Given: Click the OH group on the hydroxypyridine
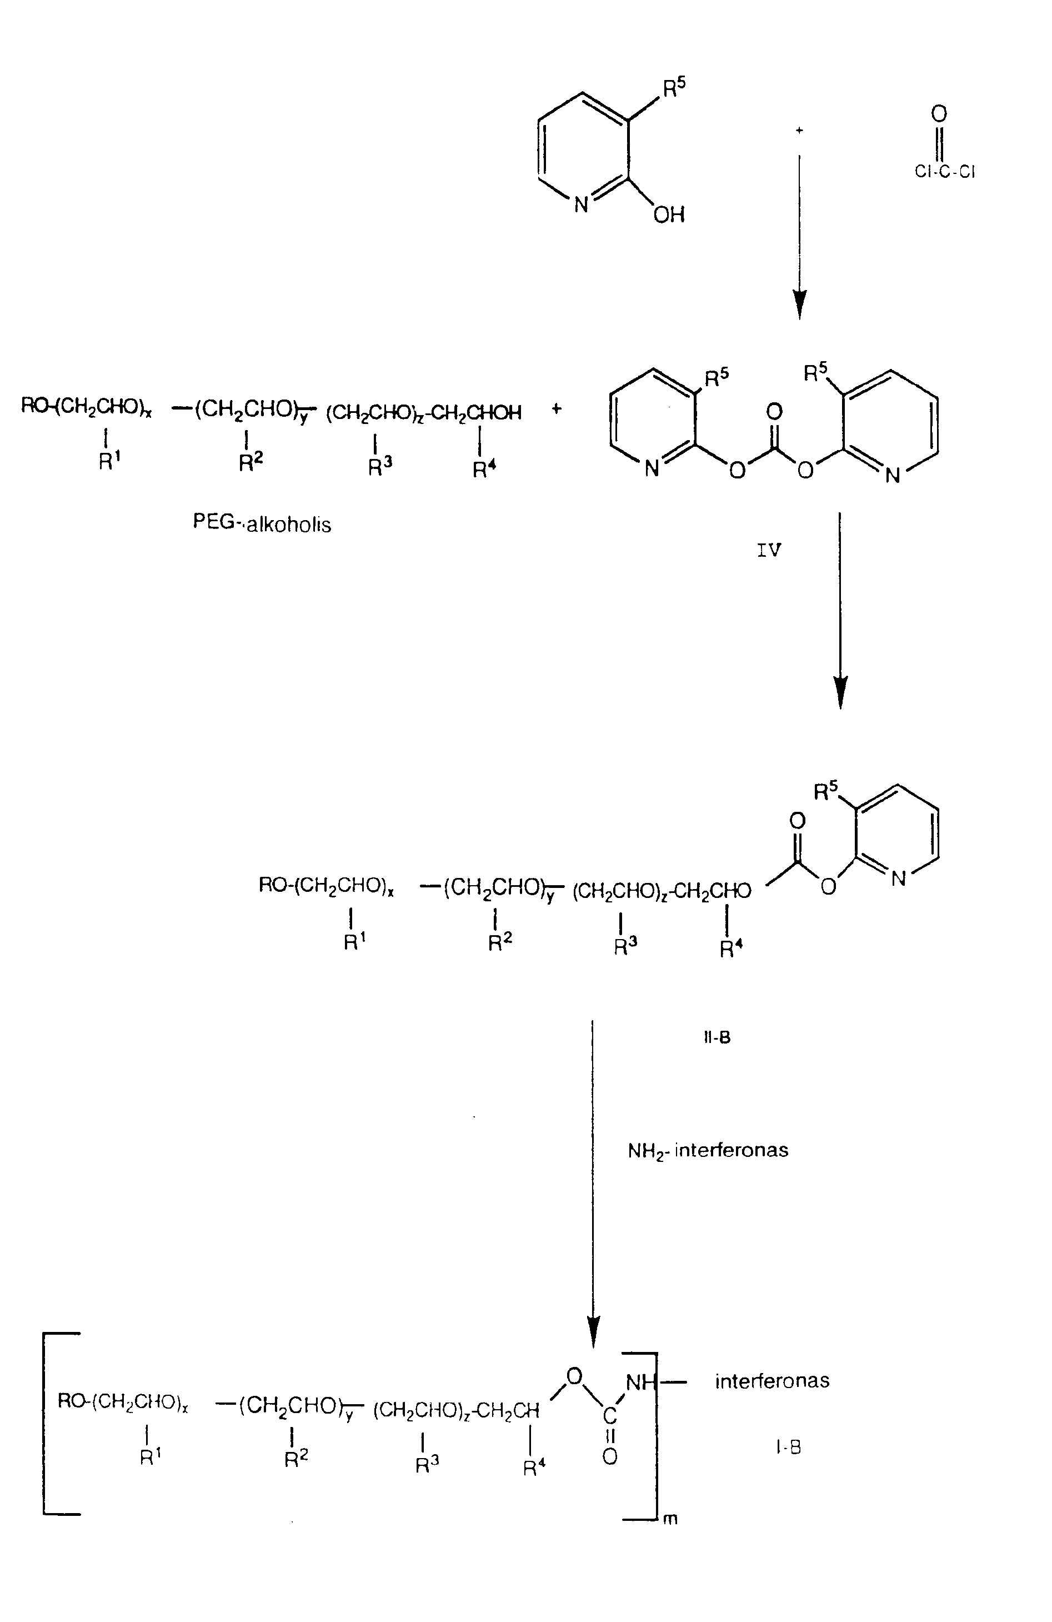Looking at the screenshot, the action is pos(668,216).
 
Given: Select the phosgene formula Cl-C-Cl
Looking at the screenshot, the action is pos(944,172).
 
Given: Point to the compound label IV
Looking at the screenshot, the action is pos(769,550).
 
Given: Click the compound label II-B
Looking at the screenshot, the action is pos(717,1038).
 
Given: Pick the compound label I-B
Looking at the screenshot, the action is pos(788,1447).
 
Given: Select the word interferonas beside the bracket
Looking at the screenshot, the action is pos(772,1381).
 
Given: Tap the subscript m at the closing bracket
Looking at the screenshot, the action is pos(670,1519).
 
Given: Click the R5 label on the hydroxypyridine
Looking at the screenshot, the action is pos(674,87).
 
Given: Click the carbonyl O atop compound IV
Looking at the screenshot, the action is pos(774,412).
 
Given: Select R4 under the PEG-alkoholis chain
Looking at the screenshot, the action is pos(484,469).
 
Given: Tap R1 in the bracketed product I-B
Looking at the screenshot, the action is pos(151,1457).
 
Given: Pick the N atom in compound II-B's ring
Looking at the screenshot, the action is pos(899,879).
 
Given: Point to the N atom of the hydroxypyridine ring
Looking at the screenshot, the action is pos(581,204).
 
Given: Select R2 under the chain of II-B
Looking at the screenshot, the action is pos(499,942).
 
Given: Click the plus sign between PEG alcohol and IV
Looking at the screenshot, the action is pos(557,409).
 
